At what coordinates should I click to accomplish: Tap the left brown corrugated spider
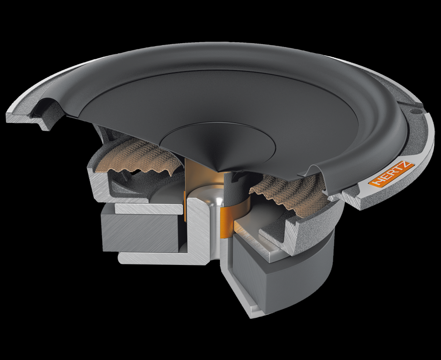(138, 157)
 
